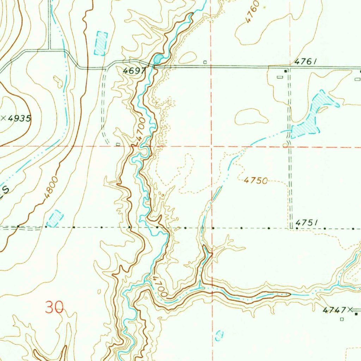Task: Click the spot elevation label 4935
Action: tap(19, 118)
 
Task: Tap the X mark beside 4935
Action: tap(4, 118)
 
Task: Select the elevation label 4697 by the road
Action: tap(134, 71)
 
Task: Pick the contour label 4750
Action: tap(256, 180)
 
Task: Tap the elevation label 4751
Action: tap(307, 222)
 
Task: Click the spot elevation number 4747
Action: tap(334, 310)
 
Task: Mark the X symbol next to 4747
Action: tap(350, 310)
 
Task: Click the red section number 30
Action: tap(55, 307)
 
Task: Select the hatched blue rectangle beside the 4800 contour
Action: tap(55, 218)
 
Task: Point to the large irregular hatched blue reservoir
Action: tap(310, 116)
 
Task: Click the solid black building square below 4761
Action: tap(286, 71)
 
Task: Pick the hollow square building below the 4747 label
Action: tap(342, 319)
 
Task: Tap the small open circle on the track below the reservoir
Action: tap(285, 145)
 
